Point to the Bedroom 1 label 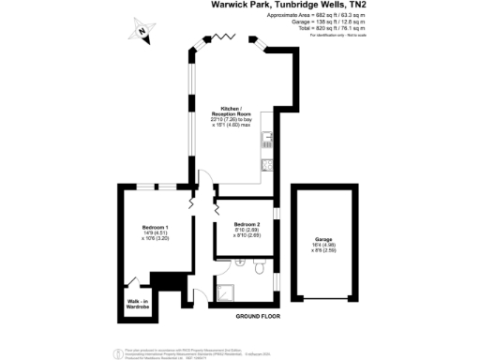tap(155, 228)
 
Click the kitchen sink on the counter tap(268, 141)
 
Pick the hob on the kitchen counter tap(267, 168)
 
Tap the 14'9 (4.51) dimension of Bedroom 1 tap(155, 233)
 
